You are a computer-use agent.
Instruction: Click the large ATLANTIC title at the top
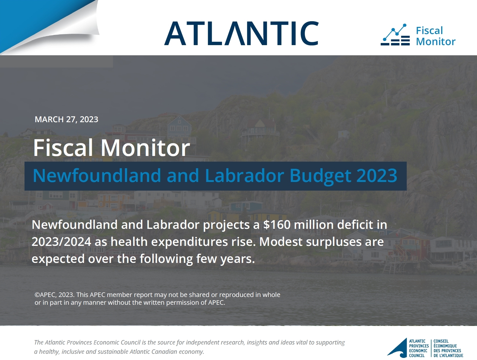coord(241,33)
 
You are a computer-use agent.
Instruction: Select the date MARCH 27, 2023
coord(66,119)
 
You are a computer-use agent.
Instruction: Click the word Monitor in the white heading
coord(145,148)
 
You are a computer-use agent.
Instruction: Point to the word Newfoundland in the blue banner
coord(97,175)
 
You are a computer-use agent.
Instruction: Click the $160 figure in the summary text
coord(277,224)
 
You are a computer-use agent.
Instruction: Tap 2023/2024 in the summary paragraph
coord(61,242)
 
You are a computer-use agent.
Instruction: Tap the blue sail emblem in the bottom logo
coord(397,348)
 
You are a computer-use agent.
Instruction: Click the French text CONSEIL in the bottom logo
coord(441,341)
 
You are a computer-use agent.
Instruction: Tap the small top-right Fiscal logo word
coord(429,30)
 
